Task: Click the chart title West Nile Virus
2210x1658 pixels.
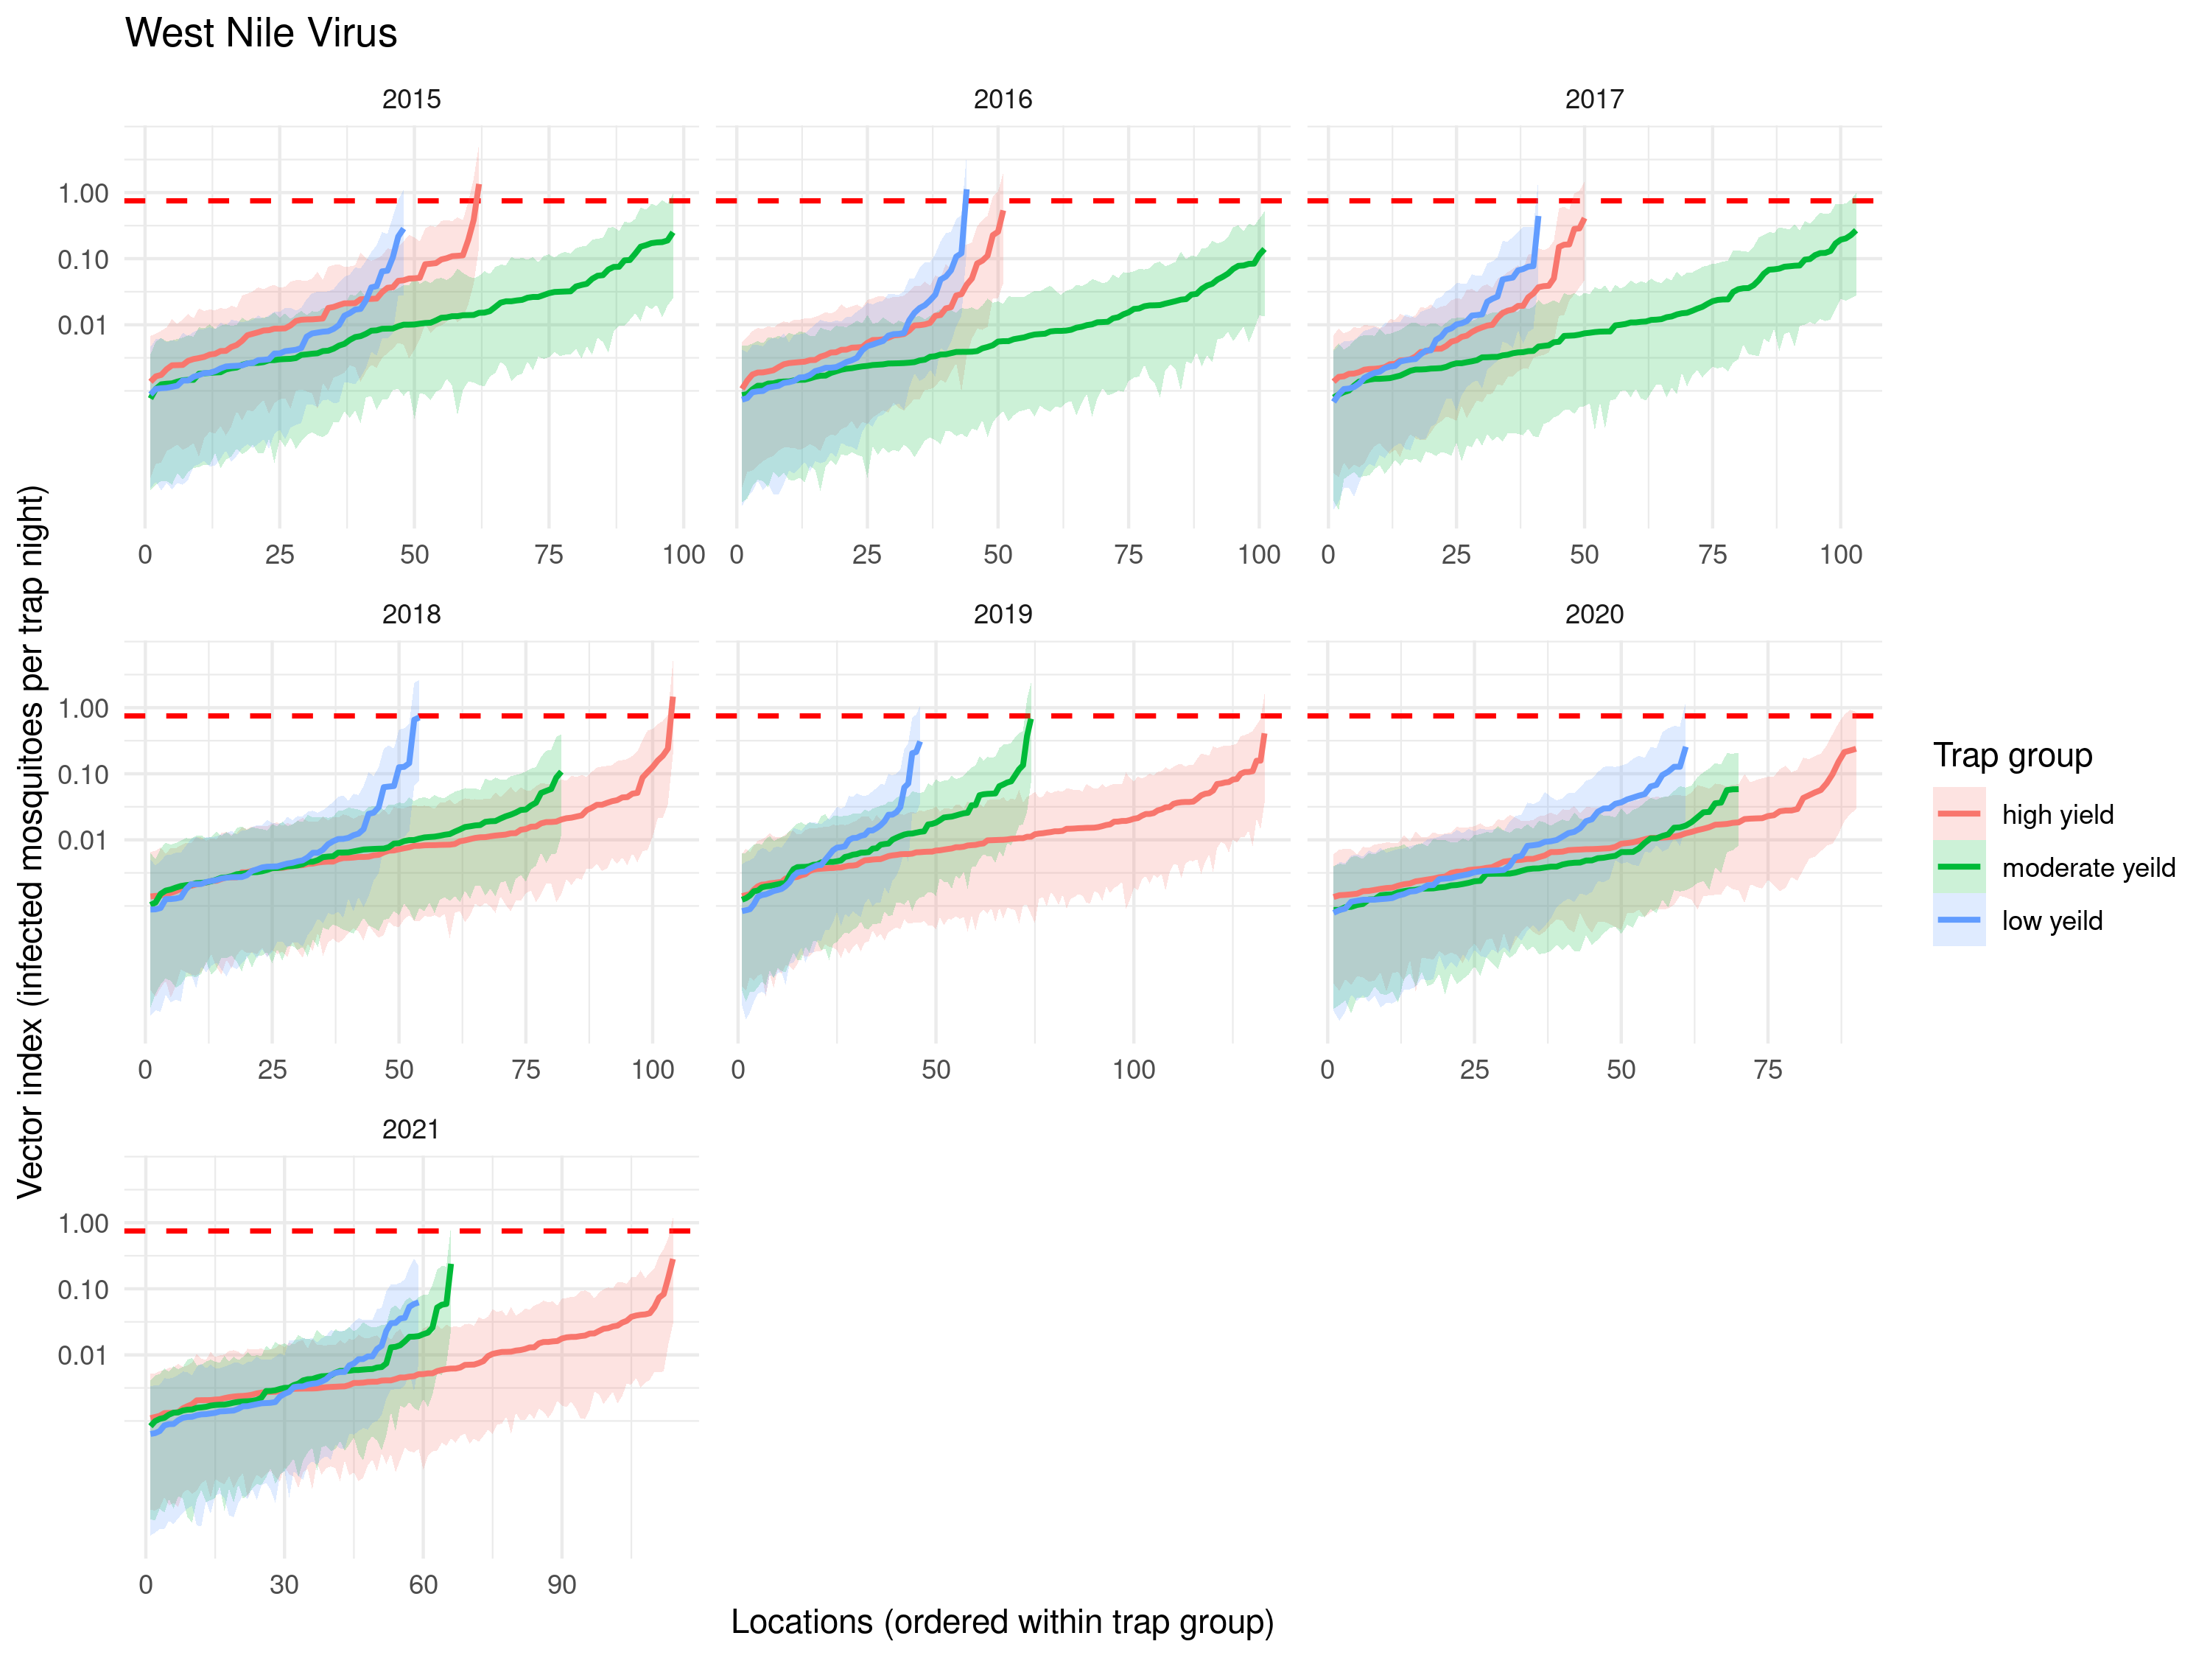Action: pyautogui.click(x=261, y=33)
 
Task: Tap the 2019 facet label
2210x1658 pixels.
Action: pyautogui.click(x=1002, y=615)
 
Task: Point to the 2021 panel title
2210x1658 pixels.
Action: pyautogui.click(x=410, y=1130)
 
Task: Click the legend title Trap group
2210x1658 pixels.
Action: pyautogui.click(x=2012, y=755)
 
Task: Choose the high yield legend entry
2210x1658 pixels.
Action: pyautogui.click(x=2057, y=814)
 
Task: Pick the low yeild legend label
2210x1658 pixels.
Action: pyautogui.click(x=2051, y=920)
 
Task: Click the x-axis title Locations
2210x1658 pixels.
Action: pyautogui.click(x=1002, y=1621)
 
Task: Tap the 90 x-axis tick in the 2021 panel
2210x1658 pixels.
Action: pyautogui.click(x=561, y=1585)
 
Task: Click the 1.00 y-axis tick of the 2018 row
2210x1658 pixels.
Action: pyautogui.click(x=83, y=709)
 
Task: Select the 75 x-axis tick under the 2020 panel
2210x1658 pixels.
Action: pyautogui.click(x=1767, y=1071)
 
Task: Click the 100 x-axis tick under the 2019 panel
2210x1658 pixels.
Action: pyautogui.click(x=1133, y=1071)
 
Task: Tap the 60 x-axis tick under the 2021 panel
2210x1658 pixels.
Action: pyautogui.click(x=423, y=1585)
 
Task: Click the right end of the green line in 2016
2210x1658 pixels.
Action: pyautogui.click(x=1264, y=250)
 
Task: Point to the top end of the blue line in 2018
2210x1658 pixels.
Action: pyautogui.click(x=417, y=716)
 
